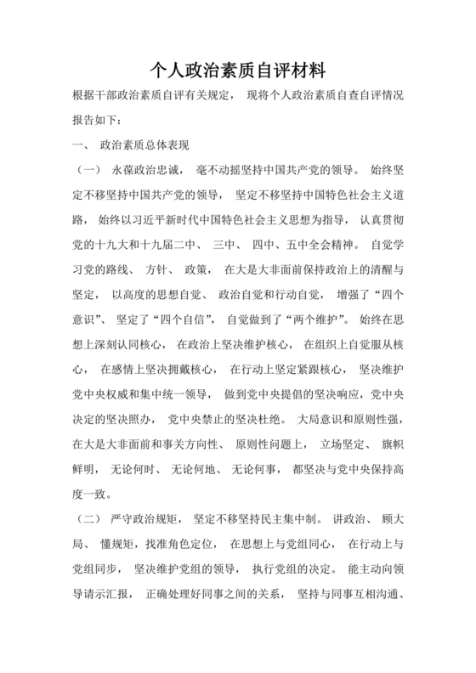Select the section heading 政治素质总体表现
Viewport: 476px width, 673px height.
(144, 144)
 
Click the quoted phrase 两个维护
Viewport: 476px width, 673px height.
(314, 319)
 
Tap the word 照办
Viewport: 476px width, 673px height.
(142, 419)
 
